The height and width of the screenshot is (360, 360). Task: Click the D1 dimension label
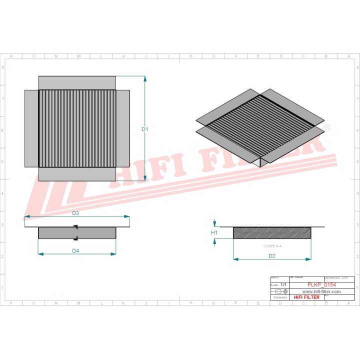tap(145, 129)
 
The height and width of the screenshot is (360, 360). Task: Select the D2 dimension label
tap(272, 256)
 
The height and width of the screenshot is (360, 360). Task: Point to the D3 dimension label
tap(75, 213)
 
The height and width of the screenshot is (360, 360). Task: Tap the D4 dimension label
tap(75, 250)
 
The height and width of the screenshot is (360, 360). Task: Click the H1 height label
tap(214, 233)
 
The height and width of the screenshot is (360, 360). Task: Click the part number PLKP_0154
tap(321, 285)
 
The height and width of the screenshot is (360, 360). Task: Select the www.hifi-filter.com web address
tap(321, 291)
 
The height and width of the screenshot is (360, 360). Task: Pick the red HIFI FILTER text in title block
tap(306, 297)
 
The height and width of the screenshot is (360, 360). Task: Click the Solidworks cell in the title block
tap(278, 297)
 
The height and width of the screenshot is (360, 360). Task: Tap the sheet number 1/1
tap(284, 284)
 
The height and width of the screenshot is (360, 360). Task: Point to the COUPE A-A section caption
tap(272, 246)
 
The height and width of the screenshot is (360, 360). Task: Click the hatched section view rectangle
tap(272, 233)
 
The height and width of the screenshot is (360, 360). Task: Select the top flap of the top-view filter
tap(77, 82)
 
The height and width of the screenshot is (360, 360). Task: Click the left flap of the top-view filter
tap(31, 128)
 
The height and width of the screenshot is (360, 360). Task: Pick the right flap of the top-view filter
tap(123, 128)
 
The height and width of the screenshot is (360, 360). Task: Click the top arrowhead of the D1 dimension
tap(145, 78)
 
